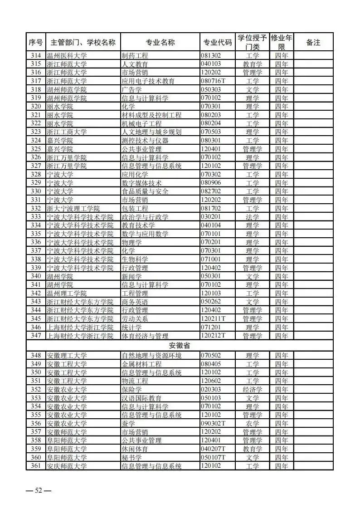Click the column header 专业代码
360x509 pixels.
[x=217, y=42]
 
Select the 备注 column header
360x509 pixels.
[x=313, y=42]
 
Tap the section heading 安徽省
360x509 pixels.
[x=179, y=346]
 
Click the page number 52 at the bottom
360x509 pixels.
[x=38, y=490]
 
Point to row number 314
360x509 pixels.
[x=35, y=56]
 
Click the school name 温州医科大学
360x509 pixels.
[x=67, y=56]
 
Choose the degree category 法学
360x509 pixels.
[x=253, y=217]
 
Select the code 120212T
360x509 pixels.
[x=213, y=336]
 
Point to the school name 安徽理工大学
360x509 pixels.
[x=67, y=355]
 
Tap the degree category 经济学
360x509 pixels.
[x=253, y=389]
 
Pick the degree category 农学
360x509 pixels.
[x=253, y=423]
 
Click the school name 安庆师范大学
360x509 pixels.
[x=67, y=466]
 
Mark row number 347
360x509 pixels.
[x=35, y=336]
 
